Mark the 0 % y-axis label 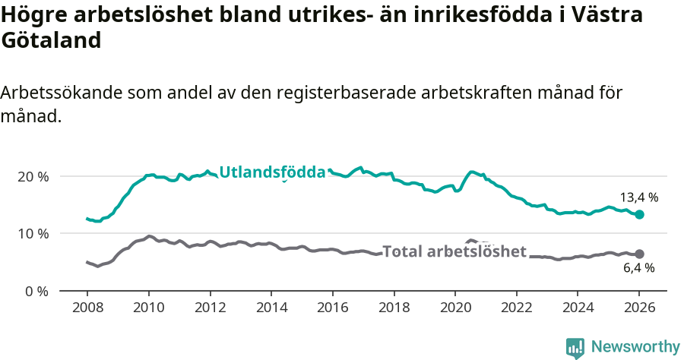(37, 291)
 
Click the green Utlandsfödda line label (272, 172)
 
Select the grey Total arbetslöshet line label (454, 251)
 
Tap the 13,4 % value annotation (639, 197)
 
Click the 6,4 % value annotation (639, 268)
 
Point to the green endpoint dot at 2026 (639, 215)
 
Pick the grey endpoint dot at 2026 (639, 254)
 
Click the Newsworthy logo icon (575, 347)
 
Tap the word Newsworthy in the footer (635, 347)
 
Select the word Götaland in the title (51, 41)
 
